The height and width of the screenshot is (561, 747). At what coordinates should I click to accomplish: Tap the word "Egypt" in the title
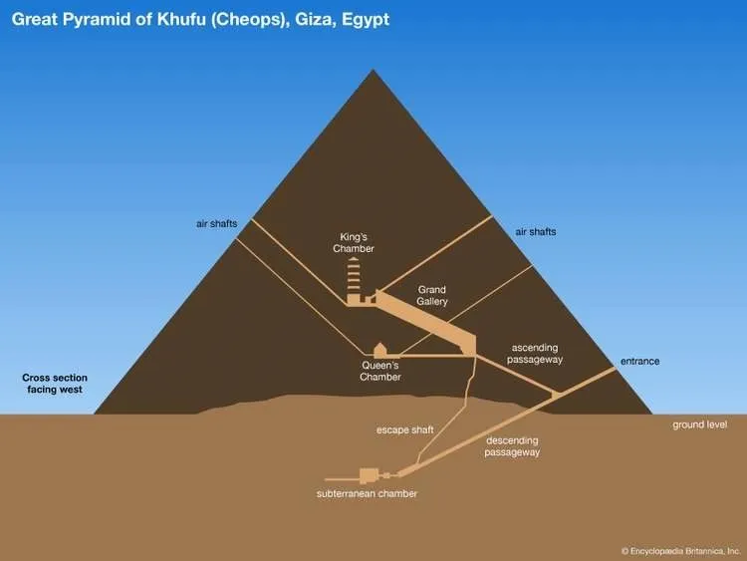click(366, 20)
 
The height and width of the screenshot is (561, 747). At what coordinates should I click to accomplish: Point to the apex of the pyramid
click(373, 70)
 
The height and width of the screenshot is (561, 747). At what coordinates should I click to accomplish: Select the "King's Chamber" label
click(354, 242)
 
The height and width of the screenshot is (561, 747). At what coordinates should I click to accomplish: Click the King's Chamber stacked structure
click(354, 281)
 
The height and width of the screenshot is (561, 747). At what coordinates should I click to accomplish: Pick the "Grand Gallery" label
click(432, 295)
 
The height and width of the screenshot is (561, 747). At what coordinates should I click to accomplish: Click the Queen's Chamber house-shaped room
click(379, 350)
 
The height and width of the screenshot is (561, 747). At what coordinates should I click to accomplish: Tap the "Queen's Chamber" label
click(380, 371)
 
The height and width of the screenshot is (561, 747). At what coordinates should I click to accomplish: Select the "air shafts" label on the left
click(217, 223)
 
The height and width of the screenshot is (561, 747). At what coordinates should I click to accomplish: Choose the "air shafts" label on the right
click(536, 231)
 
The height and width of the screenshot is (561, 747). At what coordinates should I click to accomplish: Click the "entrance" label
click(639, 362)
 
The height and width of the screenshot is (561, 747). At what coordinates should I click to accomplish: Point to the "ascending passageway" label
click(535, 354)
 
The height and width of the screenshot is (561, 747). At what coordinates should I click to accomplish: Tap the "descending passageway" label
click(512, 446)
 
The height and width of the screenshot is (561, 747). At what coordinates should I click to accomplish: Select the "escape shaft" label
click(405, 429)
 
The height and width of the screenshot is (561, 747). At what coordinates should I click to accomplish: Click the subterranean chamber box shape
click(369, 475)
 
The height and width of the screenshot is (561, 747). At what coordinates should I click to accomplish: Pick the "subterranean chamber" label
click(367, 494)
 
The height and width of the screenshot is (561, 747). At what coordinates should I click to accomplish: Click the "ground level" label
click(700, 424)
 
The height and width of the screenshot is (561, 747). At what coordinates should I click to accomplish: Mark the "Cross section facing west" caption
click(55, 384)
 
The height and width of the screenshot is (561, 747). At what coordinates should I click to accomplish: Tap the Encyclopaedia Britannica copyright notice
click(681, 551)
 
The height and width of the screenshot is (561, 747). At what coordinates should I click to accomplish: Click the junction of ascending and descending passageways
click(555, 395)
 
